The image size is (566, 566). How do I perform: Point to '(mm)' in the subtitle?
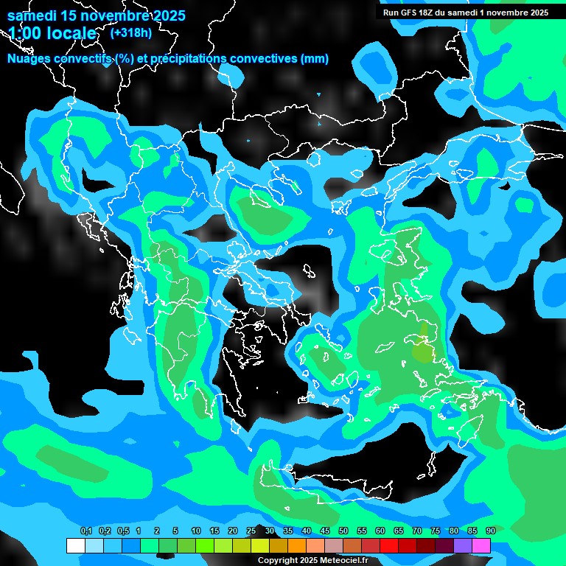click(x=314, y=59)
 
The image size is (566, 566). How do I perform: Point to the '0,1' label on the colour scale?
click(x=85, y=531)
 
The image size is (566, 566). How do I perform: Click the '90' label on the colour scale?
click(x=491, y=531)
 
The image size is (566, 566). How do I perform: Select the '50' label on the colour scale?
click(x=343, y=531)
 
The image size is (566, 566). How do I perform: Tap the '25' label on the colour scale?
click(x=251, y=531)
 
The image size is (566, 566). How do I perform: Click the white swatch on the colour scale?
click(x=75, y=545)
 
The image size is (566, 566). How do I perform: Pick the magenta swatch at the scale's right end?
click(x=481, y=545)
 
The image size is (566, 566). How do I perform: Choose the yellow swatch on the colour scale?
click(x=259, y=545)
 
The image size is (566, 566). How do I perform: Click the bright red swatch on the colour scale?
click(x=389, y=545)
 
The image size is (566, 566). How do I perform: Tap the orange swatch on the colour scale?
click(x=296, y=545)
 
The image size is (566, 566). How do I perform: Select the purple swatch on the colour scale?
click(x=463, y=545)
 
